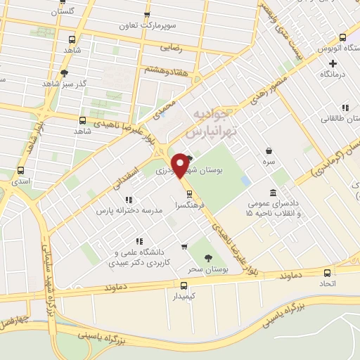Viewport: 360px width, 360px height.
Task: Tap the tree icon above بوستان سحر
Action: coord(208,258)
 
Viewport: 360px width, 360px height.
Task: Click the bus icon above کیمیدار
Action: coord(184,285)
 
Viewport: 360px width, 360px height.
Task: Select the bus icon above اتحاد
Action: coord(327,272)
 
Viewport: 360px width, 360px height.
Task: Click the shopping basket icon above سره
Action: coord(268,150)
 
